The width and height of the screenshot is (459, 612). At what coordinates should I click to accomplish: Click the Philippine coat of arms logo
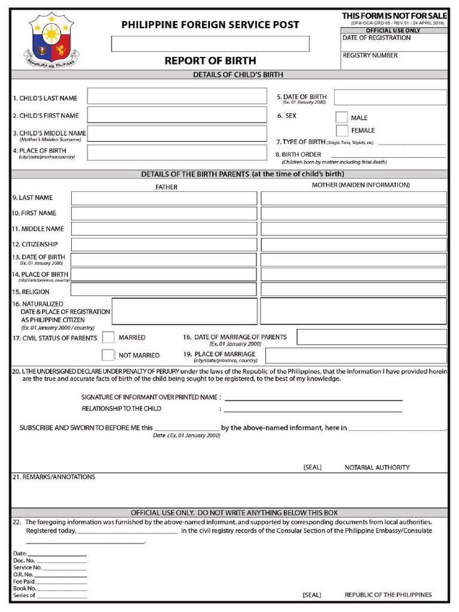(51, 41)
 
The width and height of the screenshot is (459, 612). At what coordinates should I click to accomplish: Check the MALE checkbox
(341, 118)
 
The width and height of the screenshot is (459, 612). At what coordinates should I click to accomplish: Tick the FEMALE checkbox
(341, 130)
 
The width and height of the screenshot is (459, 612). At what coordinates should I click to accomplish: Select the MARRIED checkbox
(108, 338)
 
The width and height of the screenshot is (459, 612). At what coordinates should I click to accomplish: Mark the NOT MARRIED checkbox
(108, 355)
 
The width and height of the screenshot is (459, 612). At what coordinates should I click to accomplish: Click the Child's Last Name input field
(177, 96)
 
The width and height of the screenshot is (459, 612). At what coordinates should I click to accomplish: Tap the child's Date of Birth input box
(390, 97)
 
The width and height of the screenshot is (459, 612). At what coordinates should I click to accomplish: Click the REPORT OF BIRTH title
(210, 60)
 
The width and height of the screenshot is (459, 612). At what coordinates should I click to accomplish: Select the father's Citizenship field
(164, 244)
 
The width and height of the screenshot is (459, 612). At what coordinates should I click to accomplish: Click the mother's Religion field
(353, 289)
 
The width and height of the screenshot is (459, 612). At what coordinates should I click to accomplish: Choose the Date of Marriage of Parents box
(371, 337)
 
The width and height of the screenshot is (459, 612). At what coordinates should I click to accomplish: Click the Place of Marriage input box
(356, 356)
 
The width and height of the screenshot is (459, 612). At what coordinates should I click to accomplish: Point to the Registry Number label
(370, 56)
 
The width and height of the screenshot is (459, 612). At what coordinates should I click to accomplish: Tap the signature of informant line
(313, 398)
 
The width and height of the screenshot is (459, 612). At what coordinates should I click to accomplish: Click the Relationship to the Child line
(313, 409)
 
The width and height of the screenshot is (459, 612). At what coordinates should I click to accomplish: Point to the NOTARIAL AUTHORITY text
(377, 467)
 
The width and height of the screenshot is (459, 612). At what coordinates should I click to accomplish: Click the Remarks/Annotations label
(54, 477)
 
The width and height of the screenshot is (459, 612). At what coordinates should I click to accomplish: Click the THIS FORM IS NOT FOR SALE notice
(394, 16)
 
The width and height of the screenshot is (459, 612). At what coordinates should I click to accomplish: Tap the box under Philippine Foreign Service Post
(210, 44)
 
